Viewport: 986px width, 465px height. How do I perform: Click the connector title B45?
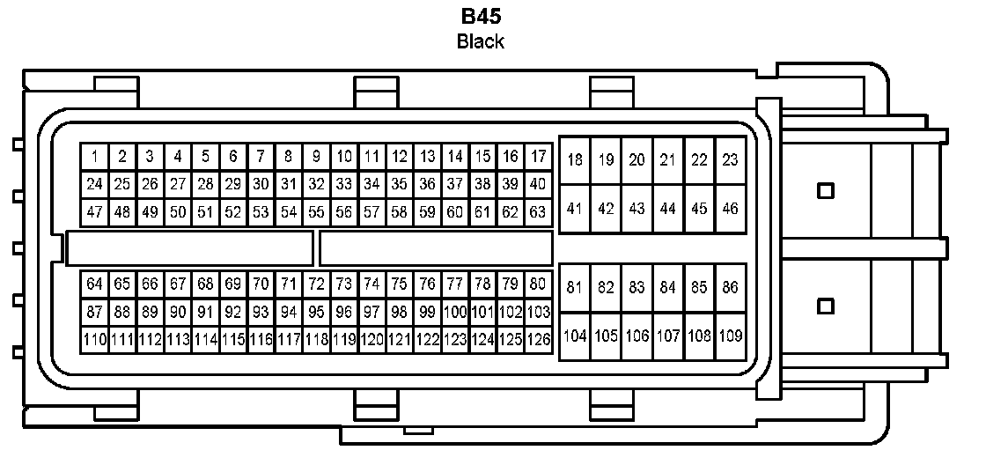pyautogui.click(x=481, y=17)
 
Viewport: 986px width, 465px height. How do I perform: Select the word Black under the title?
pyautogui.click(x=481, y=41)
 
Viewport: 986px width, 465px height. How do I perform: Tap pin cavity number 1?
pyautogui.click(x=95, y=157)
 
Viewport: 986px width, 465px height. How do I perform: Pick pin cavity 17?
pyautogui.click(x=537, y=157)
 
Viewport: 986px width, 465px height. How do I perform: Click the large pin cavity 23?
pyautogui.click(x=730, y=160)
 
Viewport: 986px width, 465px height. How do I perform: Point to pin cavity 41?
pyautogui.click(x=575, y=209)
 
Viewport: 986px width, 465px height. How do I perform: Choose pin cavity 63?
pyautogui.click(x=537, y=212)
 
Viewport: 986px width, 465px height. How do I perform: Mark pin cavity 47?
pyautogui.click(x=95, y=212)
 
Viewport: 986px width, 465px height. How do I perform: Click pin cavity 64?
pyautogui.click(x=95, y=284)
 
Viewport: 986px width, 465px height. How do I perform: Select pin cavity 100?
pyautogui.click(x=454, y=311)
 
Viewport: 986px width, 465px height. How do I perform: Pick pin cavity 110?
pyautogui.click(x=95, y=338)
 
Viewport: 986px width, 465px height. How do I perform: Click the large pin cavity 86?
pyautogui.click(x=730, y=287)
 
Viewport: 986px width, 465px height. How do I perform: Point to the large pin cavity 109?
pyautogui.click(x=730, y=336)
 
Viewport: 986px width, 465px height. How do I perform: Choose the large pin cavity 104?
pyautogui.click(x=575, y=336)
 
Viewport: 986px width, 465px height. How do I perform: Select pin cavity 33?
pyautogui.click(x=343, y=184)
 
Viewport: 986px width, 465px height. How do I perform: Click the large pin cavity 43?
pyautogui.click(x=636, y=209)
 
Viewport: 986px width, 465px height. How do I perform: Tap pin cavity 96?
pyautogui.click(x=343, y=311)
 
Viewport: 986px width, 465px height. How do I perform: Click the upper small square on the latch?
pyautogui.click(x=825, y=190)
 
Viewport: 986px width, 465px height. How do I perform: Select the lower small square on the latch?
pyautogui.click(x=825, y=306)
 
